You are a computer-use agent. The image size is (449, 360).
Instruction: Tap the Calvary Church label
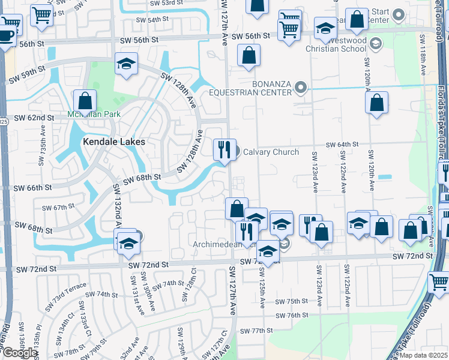tap(270, 152)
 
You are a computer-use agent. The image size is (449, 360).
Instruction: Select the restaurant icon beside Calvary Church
tap(224, 149)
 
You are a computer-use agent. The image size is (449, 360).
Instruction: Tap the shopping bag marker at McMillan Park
tap(85, 101)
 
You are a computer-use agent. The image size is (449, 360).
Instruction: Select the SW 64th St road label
tap(342, 145)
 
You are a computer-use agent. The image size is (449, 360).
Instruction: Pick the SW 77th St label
tap(256, 331)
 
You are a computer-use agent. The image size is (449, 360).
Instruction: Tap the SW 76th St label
tap(292, 315)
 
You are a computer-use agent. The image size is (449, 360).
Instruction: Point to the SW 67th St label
tap(58, 208)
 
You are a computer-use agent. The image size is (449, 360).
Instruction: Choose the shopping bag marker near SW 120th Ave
tap(376, 103)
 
